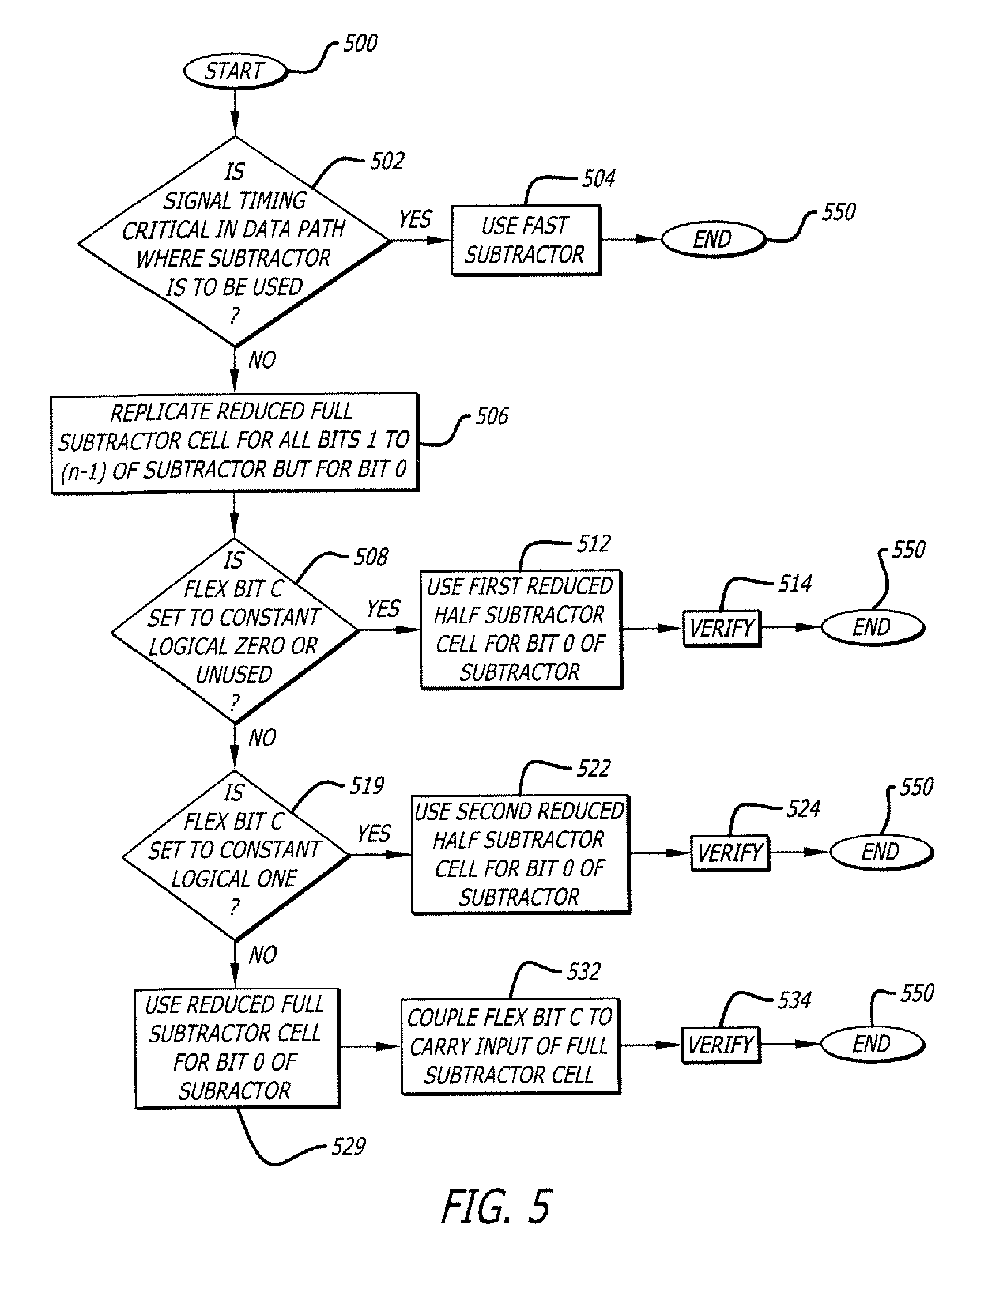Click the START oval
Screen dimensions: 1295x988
click(x=235, y=72)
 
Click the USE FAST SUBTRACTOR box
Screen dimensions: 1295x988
click(x=525, y=240)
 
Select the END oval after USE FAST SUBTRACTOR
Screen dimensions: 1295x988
click(x=713, y=239)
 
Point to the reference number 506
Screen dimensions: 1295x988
click(x=492, y=416)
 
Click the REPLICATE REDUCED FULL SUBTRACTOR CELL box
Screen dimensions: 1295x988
click(x=234, y=442)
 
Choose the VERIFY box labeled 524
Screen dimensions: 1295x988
click(x=730, y=852)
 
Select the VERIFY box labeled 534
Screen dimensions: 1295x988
click(x=720, y=1045)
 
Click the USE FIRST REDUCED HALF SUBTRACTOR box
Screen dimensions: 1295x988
click(x=520, y=628)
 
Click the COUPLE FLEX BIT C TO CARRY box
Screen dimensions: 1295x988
click(x=510, y=1046)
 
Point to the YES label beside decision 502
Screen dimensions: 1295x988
click(x=415, y=219)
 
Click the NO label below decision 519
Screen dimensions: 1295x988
click(x=262, y=954)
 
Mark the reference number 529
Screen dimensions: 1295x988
click(x=348, y=1146)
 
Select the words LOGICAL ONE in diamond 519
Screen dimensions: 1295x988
click(x=235, y=878)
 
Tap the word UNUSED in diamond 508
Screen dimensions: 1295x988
click(x=234, y=674)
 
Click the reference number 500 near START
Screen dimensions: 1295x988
click(x=360, y=44)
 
